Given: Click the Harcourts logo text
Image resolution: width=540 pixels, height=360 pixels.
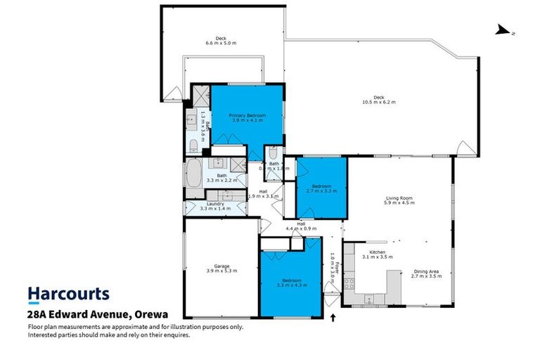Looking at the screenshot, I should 68,294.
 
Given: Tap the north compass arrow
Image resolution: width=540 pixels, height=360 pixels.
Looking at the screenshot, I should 503,30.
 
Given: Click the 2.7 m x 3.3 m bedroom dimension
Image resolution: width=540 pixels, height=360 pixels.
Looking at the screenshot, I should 321,191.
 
